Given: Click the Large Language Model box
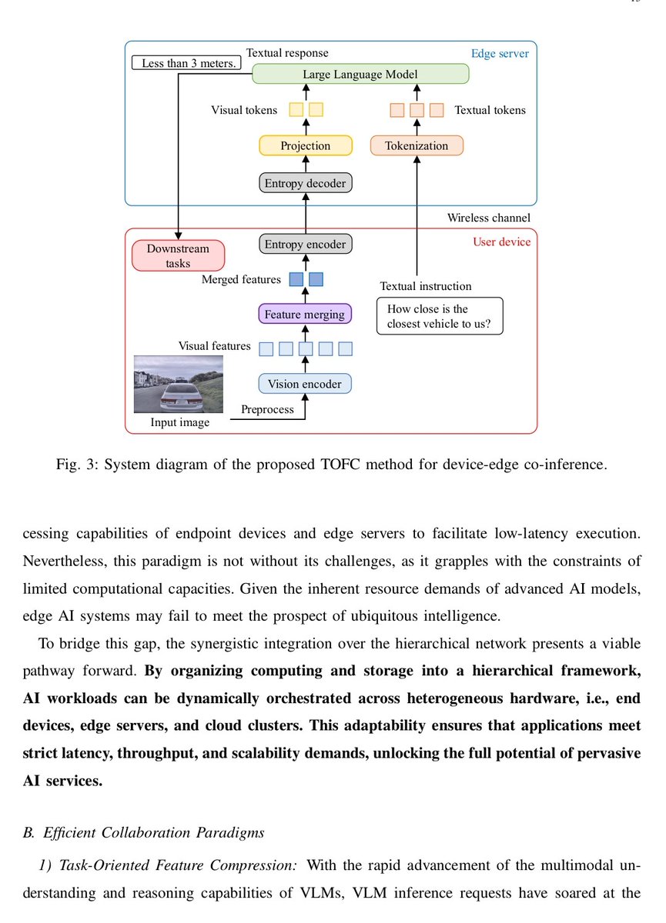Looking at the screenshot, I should point(360,74).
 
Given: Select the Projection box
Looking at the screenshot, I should point(306,145).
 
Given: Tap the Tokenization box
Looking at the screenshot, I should point(417,145).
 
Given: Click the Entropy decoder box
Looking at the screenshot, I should point(306,183).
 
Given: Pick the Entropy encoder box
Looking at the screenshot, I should point(306,245).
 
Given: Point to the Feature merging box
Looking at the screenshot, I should point(306,314).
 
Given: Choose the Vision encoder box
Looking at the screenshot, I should point(306,383).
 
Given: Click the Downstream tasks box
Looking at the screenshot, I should point(178,256).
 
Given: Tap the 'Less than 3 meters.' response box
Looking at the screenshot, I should point(189,62).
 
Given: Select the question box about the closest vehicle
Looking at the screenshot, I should point(439,316).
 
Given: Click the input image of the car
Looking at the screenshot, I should point(178,384).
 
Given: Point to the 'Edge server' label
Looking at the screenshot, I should point(500,55).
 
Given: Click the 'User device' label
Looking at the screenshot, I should point(501,242).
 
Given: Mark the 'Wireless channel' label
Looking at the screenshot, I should point(488,218).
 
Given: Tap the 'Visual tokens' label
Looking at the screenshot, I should point(244,110).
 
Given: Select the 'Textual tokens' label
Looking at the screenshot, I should point(490,110).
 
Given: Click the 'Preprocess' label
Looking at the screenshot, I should point(267,409).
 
